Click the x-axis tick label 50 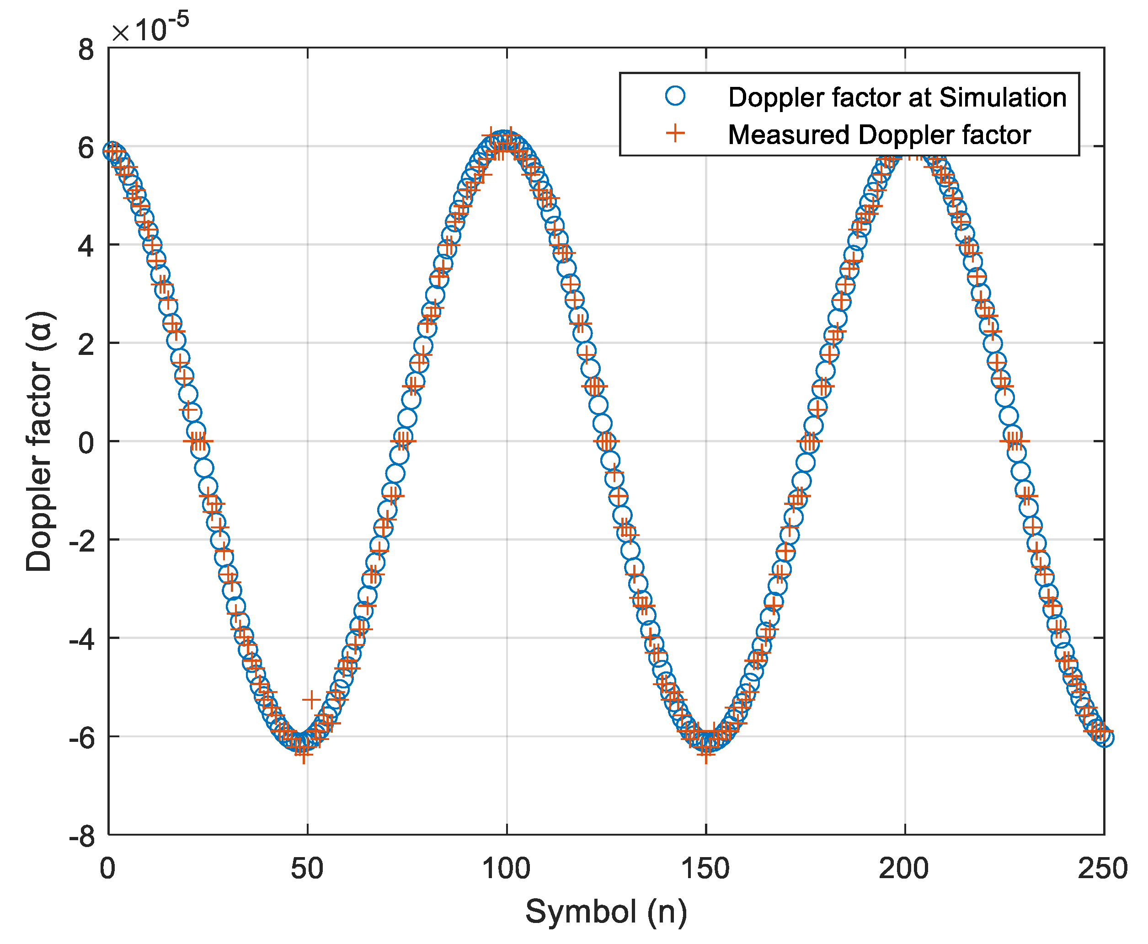[307, 869]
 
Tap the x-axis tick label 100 [506, 869]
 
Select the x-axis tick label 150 [705, 869]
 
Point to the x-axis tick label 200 [904, 869]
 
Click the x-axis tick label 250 [1103, 869]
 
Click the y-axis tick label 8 [86, 50]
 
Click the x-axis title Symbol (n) [606, 912]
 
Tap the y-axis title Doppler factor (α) [39, 441]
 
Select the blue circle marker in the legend [675, 96]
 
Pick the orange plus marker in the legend [675, 133]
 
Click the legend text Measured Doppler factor [879, 135]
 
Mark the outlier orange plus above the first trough [311, 699]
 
